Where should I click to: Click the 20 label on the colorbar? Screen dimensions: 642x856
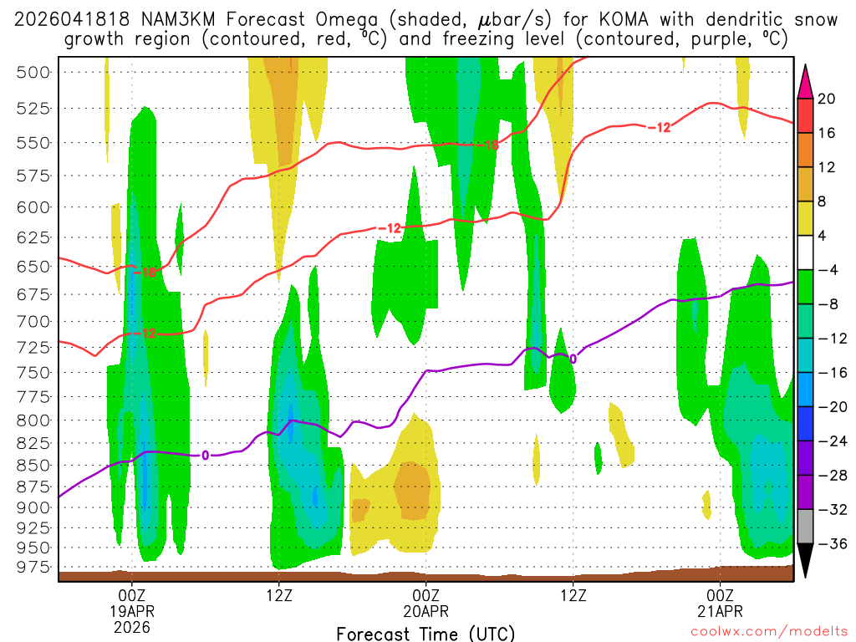pyautogui.click(x=827, y=99)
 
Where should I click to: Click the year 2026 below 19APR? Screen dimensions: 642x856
pyautogui.click(x=132, y=626)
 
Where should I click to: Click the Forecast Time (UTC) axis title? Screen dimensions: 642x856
pyautogui.click(x=425, y=633)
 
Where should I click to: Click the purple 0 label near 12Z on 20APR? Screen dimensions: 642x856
pyautogui.click(x=573, y=359)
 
